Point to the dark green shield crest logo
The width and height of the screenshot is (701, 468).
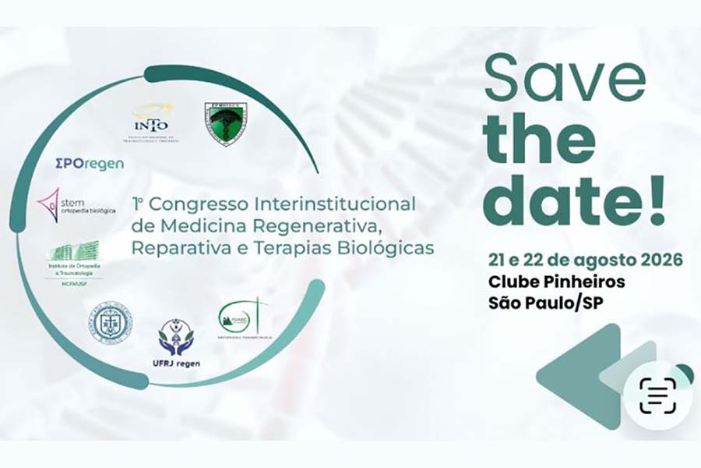click(225, 125)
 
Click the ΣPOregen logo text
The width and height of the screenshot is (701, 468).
click(90, 163)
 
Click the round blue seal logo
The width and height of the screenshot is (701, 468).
click(110, 323)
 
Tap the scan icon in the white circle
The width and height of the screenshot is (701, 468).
click(657, 395)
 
